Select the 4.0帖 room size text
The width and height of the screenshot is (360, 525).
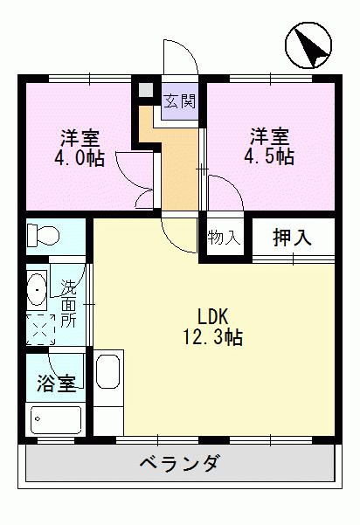point(79,161)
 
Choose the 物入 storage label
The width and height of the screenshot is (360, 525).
point(225,237)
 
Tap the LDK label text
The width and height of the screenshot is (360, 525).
point(212,316)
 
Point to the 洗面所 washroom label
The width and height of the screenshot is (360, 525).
point(69,302)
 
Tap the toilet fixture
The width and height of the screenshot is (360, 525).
point(41,235)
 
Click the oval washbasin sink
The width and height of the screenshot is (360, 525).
point(38,287)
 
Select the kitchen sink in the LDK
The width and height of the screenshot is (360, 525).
point(108,373)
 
